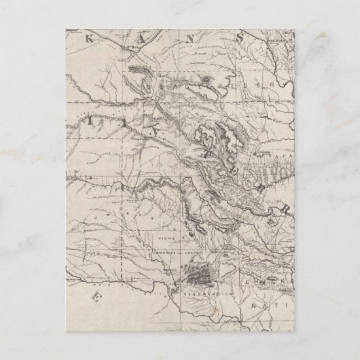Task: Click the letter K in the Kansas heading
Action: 86,39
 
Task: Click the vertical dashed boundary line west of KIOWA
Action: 122,231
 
